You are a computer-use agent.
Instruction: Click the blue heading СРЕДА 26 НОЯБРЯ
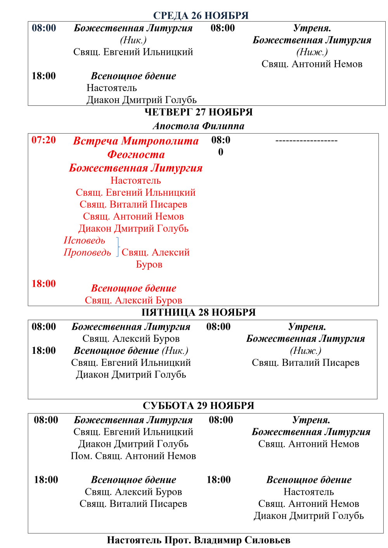[x=201, y=16]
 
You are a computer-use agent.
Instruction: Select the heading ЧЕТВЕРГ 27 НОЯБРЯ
[x=198, y=112]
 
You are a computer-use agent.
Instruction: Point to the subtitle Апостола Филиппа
[x=198, y=126]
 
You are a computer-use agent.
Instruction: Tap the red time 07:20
[x=44, y=140]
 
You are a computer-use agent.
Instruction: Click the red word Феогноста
[x=136, y=154]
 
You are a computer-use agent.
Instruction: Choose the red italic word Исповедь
[x=84, y=240]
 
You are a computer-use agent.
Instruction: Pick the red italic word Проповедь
[x=87, y=252]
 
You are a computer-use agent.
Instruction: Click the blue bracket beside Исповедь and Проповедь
[x=118, y=246]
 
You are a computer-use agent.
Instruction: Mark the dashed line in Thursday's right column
[x=306, y=141]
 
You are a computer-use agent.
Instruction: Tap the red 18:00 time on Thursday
[x=44, y=284]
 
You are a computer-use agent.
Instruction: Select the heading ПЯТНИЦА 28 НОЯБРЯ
[x=198, y=312]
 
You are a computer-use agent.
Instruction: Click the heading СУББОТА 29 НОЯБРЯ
[x=198, y=406]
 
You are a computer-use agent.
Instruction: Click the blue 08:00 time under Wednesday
[x=44, y=28]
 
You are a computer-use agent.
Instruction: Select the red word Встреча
[x=95, y=141]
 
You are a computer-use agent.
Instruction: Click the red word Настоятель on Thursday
[x=135, y=180]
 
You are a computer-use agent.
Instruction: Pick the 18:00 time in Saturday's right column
[x=218, y=480]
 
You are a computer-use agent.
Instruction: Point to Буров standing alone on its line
[x=149, y=264]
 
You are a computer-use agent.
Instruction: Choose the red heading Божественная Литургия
[x=136, y=168]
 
